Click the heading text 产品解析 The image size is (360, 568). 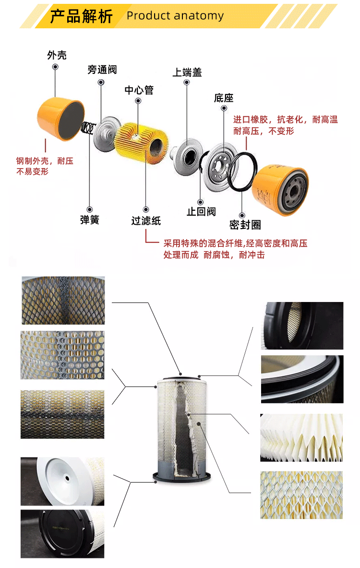point(81,16)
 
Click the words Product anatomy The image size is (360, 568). point(175,16)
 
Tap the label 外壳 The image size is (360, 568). point(57,55)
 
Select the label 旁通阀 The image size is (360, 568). point(102,70)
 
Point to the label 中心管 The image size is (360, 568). point(139,90)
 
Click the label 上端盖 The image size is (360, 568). point(187,73)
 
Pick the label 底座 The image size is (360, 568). point(224,98)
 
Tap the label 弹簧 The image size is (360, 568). point(89,220)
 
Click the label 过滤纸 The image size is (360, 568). point(146,221)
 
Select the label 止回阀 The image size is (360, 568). point(201,211)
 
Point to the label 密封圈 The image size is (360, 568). point(245,225)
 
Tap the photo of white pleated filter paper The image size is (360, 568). point(301,437)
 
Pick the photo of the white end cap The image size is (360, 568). point(62,481)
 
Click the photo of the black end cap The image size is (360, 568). point(62,534)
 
